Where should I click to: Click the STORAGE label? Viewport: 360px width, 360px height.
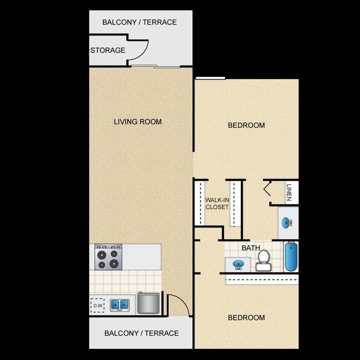(107, 50)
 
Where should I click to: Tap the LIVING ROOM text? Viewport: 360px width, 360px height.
(138, 122)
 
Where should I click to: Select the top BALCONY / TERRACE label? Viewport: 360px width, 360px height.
(140, 23)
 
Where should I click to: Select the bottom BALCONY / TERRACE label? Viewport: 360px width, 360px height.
(142, 333)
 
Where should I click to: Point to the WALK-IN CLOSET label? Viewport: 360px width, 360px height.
(217, 203)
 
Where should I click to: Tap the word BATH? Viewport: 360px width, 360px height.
(250, 248)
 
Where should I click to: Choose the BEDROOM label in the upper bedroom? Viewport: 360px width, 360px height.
(246, 125)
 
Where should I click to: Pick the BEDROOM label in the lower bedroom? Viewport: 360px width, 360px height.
(246, 318)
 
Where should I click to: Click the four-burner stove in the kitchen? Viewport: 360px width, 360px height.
(108, 257)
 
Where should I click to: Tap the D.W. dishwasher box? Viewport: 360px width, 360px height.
(97, 305)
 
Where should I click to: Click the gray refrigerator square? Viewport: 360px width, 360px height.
(149, 303)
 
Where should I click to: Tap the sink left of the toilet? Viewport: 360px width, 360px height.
(238, 265)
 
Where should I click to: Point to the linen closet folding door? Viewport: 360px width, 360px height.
(268, 189)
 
